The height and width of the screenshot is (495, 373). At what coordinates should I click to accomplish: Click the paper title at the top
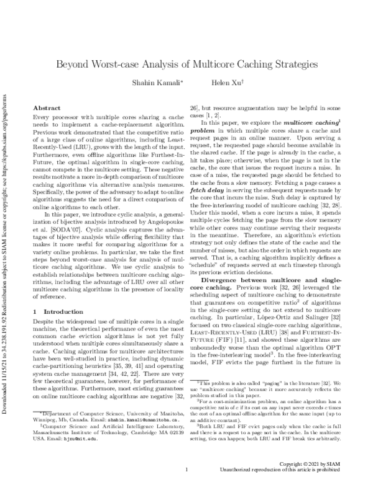point(186,63)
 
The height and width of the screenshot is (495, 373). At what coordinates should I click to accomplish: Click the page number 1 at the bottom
point(186,487)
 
